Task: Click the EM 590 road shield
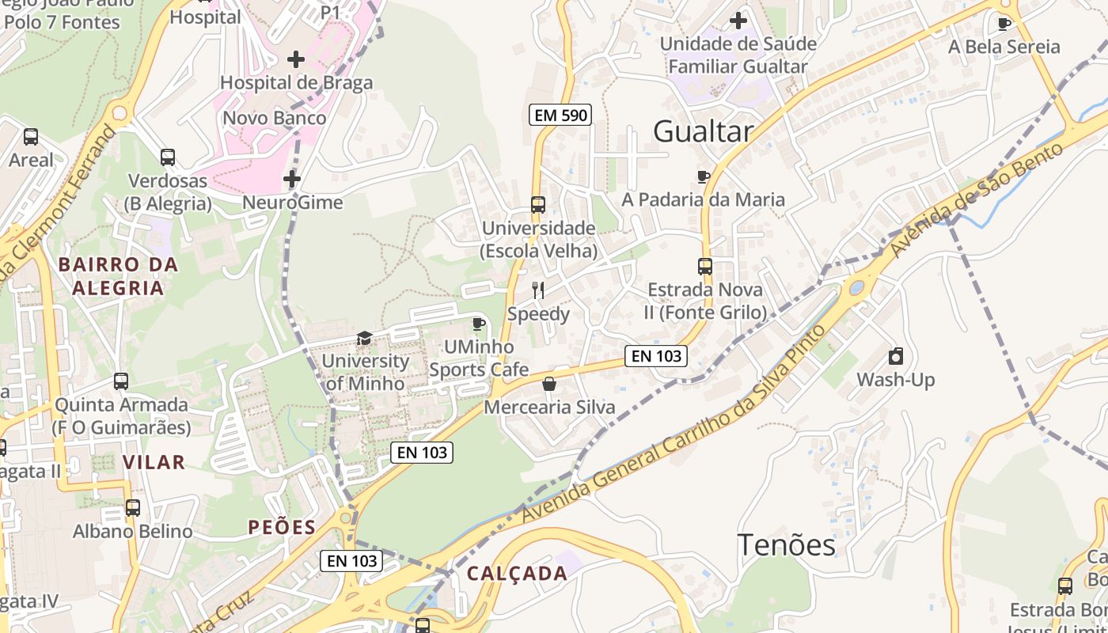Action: pos(560,116)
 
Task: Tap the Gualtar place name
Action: pos(702,132)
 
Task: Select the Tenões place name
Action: pos(786,545)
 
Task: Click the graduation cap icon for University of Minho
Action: pos(364,339)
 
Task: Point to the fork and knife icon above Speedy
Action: pos(538,290)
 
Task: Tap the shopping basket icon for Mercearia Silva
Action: pos(549,385)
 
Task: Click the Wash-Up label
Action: pos(895,380)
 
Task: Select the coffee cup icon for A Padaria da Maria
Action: pos(703,176)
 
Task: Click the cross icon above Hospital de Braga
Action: pos(295,59)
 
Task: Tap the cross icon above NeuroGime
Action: pos(292,180)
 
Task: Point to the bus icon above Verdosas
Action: pos(168,157)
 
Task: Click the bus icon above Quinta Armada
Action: pos(121,381)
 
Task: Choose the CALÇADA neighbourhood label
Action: pos(517,574)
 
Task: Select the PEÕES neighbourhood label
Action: pos(282,528)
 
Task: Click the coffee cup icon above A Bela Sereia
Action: pos(1004,24)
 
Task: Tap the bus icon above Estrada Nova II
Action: pos(705,267)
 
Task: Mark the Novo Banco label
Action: pos(274,119)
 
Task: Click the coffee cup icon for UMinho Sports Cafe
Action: pos(478,324)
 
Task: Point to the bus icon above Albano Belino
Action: pos(133,508)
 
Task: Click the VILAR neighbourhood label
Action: pos(154,462)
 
